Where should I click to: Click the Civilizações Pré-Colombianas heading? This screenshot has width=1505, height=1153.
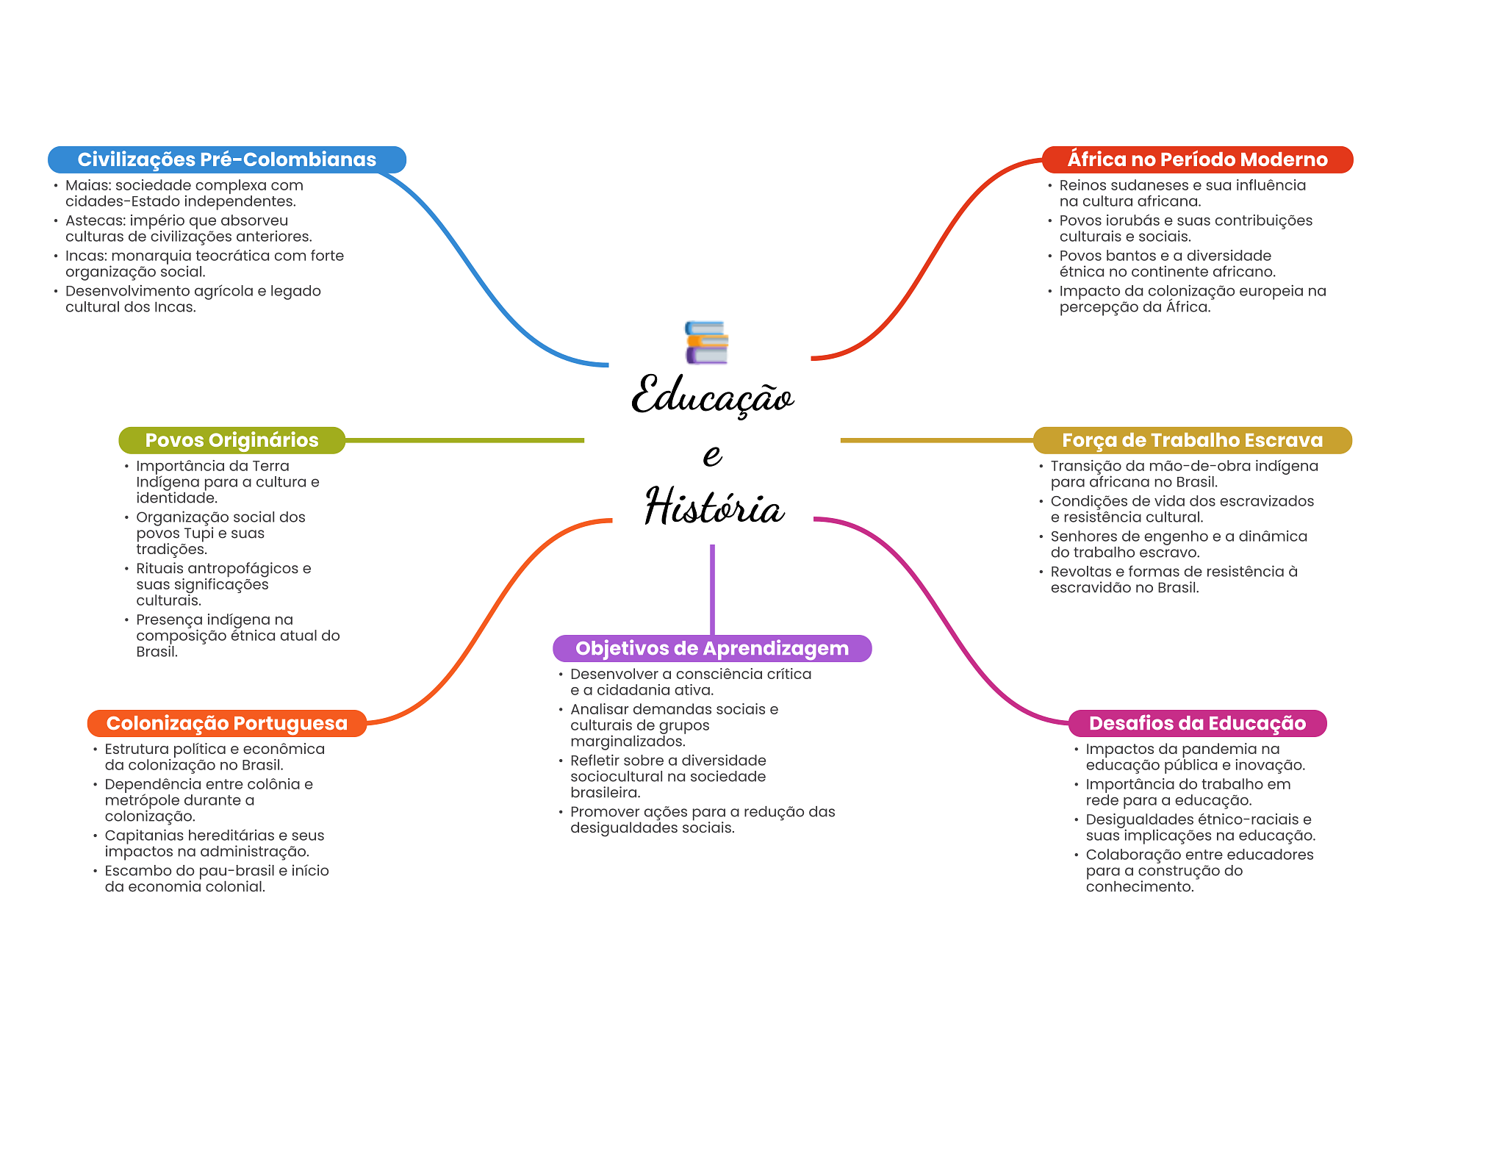226,159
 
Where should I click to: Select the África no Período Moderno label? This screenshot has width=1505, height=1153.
1197,159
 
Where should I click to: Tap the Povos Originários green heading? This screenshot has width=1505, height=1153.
231,440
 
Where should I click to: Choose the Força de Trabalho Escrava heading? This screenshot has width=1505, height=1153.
1192,440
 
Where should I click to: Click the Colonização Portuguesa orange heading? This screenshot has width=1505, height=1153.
226,723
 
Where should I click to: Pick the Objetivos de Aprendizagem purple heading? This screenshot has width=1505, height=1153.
712,648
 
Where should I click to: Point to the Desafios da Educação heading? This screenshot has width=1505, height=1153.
1197,723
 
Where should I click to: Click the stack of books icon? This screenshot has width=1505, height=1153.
707,342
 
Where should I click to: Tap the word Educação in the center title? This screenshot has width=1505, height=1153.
713,396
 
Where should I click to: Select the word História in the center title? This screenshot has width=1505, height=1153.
714,506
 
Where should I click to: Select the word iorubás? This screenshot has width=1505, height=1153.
1132,220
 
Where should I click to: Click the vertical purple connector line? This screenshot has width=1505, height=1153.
712,589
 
